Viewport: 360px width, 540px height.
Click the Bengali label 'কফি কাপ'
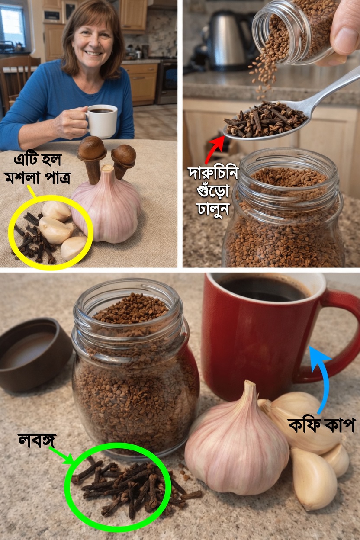click(x=322, y=425)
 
